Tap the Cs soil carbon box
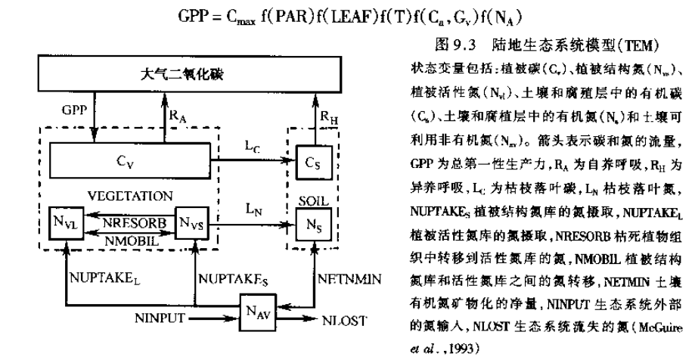(309, 161)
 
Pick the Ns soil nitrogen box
(309, 224)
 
